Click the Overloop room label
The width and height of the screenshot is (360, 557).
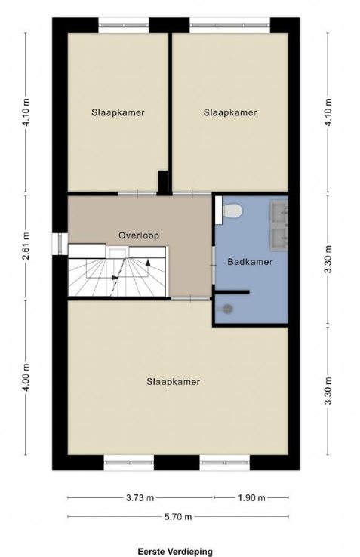pos(139,235)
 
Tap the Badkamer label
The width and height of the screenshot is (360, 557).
pos(250,262)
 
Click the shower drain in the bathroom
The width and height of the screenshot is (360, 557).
pos(227,309)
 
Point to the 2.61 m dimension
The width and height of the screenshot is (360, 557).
pos(26,246)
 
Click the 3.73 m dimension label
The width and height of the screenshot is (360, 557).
pos(140,497)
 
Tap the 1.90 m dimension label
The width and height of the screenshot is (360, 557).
pos(251,497)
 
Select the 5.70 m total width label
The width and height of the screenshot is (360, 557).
pos(177,516)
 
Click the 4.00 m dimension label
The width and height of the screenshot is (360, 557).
pos(26,377)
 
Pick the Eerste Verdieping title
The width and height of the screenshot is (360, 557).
pos(175,551)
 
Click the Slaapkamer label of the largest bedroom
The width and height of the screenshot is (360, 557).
pos(174,382)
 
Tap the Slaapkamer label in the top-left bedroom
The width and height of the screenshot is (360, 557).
pos(118,112)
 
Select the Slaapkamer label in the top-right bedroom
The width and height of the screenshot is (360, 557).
pos(230,112)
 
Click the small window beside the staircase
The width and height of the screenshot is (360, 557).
pos(60,244)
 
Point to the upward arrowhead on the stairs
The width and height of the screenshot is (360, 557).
pos(148,263)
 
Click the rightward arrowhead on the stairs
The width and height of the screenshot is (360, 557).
pos(115,278)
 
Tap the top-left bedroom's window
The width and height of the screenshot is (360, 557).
pos(123,25)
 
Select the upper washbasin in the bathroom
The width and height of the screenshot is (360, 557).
pos(279,212)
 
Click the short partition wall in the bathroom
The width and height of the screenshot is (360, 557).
pos(232,292)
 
